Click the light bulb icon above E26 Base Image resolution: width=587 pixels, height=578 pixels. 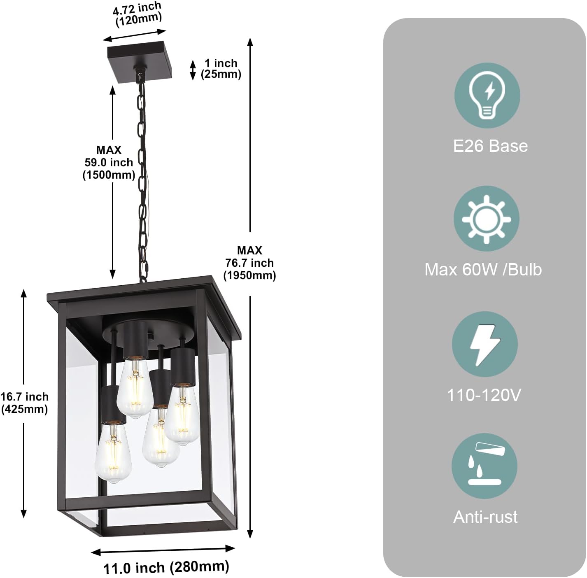tap(487, 96)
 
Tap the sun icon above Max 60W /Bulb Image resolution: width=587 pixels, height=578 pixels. tap(486, 219)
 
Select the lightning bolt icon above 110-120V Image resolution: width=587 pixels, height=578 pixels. tap(485, 344)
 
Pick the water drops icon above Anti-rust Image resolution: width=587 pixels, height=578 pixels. tap(485, 466)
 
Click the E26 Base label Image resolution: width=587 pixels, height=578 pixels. tap(490, 146)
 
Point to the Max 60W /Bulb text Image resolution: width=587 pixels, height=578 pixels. tap(483, 269)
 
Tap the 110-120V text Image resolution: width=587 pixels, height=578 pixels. tap(484, 395)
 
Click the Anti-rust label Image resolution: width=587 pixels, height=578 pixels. tap(485, 517)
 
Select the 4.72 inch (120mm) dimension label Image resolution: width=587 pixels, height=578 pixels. tap(137, 14)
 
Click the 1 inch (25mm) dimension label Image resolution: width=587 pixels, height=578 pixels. tap(221, 69)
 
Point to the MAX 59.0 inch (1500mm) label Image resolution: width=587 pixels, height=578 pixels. tap(109, 162)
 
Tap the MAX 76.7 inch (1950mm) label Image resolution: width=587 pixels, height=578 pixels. tap(249, 263)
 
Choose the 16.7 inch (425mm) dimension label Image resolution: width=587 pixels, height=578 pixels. tap(24, 403)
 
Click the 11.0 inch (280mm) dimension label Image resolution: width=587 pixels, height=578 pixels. tap(166, 567)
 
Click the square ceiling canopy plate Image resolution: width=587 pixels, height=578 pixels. tap(140, 62)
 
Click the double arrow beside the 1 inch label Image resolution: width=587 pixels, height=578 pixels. tap(193, 70)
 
